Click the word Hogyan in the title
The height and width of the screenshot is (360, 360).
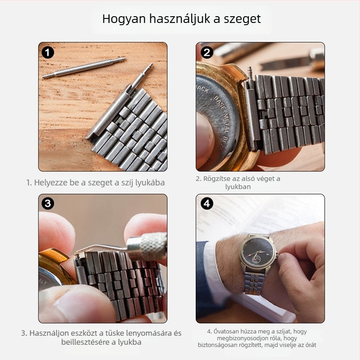tap(124, 19)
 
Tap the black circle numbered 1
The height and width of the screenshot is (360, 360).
tap(48, 53)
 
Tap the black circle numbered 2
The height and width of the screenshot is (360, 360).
tap(207, 53)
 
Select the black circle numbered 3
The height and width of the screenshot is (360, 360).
tap(48, 203)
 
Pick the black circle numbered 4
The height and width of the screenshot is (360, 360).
tap(207, 203)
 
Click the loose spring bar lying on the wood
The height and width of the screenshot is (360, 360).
tap(84, 68)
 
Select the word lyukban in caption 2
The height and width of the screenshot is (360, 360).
tap(238, 187)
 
